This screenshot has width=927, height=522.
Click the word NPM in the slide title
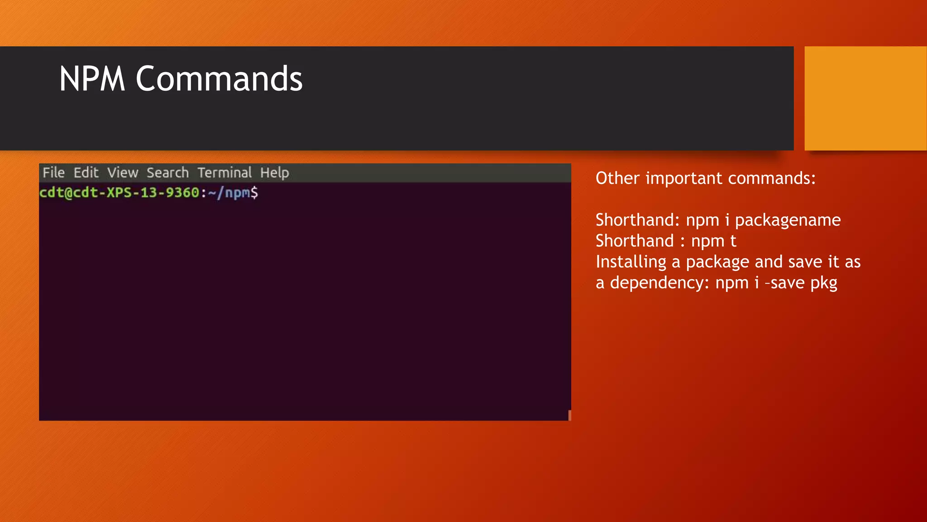pyautogui.click(x=92, y=79)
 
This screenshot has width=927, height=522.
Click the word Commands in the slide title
pyautogui.click(x=219, y=79)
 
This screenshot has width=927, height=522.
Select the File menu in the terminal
pyautogui.click(x=53, y=173)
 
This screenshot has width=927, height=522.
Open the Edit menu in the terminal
pyautogui.click(x=86, y=173)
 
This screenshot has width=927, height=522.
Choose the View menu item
pyautogui.click(x=123, y=173)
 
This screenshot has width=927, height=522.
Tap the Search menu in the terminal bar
pyautogui.click(x=167, y=173)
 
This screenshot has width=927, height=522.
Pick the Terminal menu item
pyautogui.click(x=225, y=173)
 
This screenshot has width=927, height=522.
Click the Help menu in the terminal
pyautogui.click(x=274, y=173)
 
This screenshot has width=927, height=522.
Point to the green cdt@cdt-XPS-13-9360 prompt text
pyautogui.click(x=119, y=193)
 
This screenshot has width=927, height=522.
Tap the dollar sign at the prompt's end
pyautogui.click(x=254, y=193)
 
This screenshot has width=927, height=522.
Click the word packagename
pyautogui.click(x=788, y=220)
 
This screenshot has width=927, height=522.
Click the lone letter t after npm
pyautogui.click(x=733, y=241)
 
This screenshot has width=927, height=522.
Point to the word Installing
pyautogui.click(x=631, y=262)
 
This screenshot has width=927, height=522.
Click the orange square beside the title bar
pyautogui.click(x=865, y=98)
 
